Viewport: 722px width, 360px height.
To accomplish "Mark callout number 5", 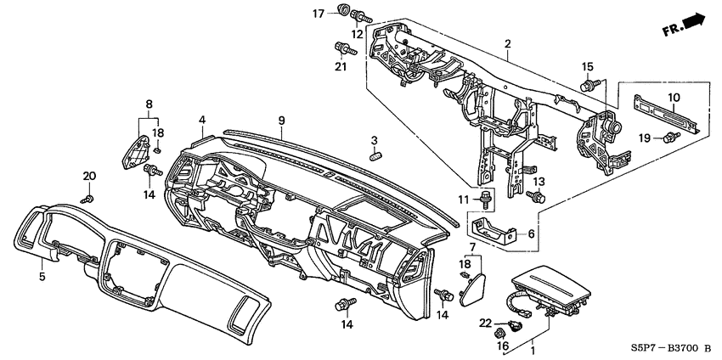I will click(x=40, y=276).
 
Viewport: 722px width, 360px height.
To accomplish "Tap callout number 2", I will click(x=506, y=43).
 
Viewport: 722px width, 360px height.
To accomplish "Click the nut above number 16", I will click(x=499, y=335).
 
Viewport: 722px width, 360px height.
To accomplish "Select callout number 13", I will click(x=537, y=183).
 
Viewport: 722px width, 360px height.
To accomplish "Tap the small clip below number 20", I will click(x=87, y=198).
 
